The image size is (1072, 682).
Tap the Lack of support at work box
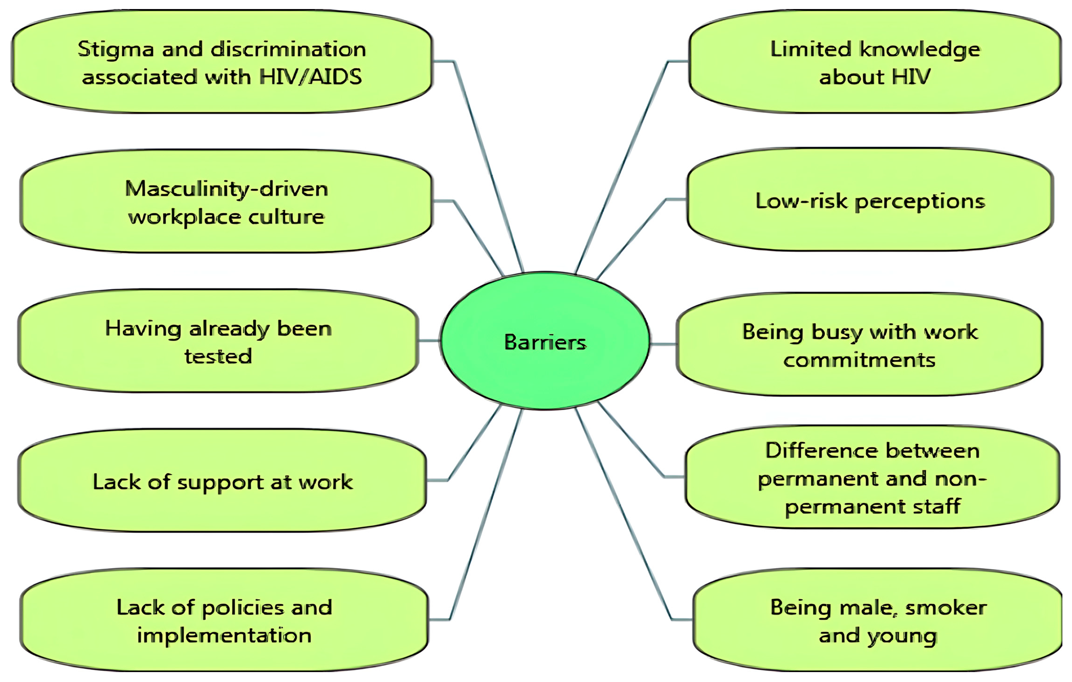coord(223,481)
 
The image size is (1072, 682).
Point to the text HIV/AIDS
coord(310,77)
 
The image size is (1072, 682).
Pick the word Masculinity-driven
coord(227,189)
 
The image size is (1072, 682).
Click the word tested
coord(218,356)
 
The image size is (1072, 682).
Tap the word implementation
coord(224,636)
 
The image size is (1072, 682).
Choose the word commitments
coord(859,360)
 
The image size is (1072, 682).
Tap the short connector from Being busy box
coord(663,344)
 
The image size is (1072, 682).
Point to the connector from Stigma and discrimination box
coord(488,165)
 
